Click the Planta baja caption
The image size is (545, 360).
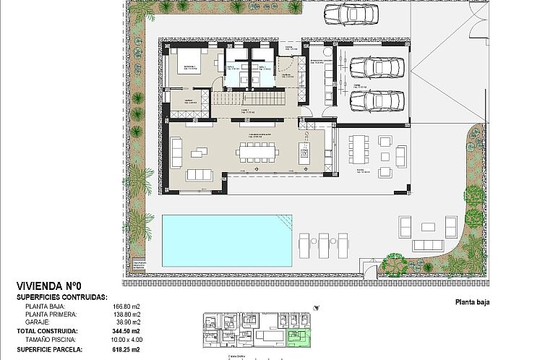(x=473, y=302)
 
